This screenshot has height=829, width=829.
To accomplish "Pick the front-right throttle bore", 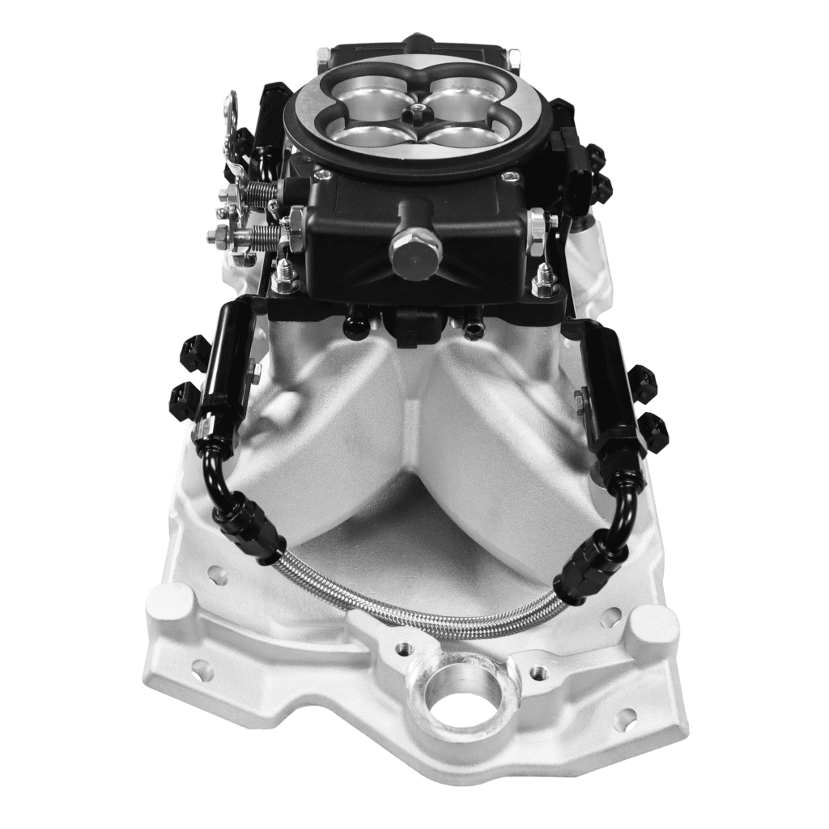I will [461, 134].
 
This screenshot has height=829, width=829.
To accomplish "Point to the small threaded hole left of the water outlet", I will [402, 648].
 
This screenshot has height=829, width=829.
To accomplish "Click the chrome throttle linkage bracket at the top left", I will [232, 121].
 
